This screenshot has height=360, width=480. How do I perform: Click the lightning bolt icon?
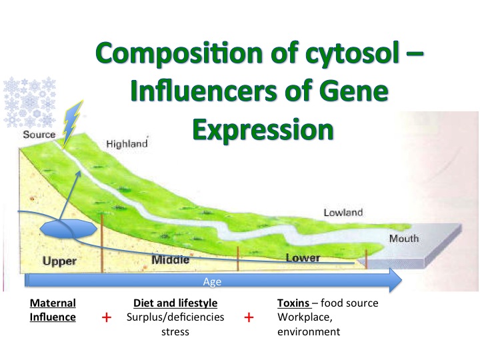[72, 123]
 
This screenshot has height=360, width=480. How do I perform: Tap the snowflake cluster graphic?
[29, 102]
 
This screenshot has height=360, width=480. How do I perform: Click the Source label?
[39, 135]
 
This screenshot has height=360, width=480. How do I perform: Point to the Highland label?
[127, 143]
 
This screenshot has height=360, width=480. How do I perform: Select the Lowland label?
[343, 213]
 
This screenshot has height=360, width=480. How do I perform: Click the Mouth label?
[404, 238]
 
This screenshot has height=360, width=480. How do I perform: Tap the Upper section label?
[59, 261]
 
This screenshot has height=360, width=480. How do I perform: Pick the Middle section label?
[171, 260]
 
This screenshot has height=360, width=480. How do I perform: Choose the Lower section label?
[303, 258]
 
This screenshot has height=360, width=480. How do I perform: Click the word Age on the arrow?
[212, 281]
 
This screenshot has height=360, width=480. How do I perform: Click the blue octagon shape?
[69, 229]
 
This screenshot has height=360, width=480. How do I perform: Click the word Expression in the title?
[263, 130]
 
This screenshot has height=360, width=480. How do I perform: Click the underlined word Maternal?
[53, 303]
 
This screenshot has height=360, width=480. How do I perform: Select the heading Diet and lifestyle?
[175, 303]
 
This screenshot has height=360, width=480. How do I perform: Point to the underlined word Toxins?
[293, 303]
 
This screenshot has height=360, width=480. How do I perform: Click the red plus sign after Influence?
[107, 317]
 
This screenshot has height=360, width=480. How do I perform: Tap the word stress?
[175, 332]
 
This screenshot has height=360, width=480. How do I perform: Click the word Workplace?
[305, 317]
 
